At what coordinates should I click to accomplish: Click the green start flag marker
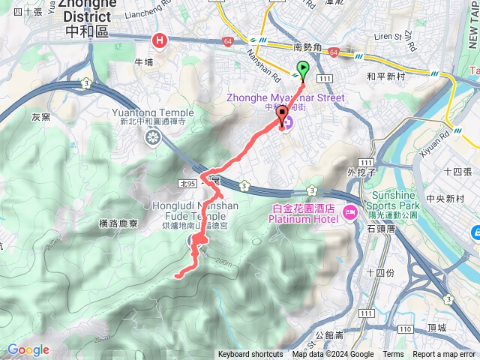(302, 70)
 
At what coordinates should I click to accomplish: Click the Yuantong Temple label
(152, 113)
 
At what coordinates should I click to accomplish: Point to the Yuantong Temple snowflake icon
(153, 137)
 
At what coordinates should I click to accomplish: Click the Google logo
(28, 349)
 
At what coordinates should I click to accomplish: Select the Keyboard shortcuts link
(250, 355)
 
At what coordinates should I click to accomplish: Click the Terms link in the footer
(393, 355)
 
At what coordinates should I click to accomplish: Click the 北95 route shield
(187, 182)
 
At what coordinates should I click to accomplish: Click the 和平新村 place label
(385, 76)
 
